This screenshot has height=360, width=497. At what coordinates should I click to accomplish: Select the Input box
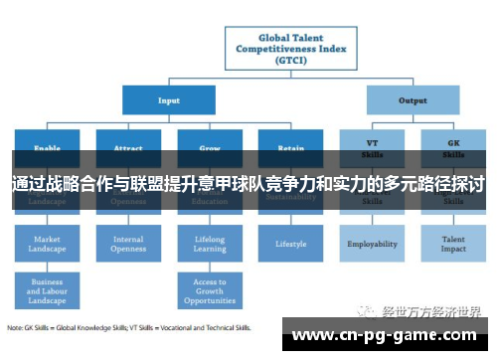coord(168,100)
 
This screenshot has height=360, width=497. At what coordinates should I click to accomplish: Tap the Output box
coord(413,100)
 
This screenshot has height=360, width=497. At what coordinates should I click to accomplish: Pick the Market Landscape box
coord(47,244)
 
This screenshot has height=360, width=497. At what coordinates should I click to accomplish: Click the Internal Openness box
coord(128,244)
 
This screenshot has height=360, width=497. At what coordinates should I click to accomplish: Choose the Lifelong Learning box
coord(210,244)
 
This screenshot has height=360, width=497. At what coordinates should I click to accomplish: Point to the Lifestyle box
coord(290,243)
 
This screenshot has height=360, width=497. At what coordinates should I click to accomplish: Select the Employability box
coord(372,243)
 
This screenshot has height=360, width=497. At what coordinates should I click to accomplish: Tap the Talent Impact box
coord(453,244)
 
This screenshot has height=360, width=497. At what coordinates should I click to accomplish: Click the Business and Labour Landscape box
coord(47,289)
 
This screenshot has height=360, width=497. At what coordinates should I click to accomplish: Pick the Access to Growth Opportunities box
coord(210,289)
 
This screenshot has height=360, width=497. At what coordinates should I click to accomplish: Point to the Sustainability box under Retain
coord(290,199)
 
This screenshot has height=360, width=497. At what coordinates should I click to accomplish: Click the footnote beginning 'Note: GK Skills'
coord(129,327)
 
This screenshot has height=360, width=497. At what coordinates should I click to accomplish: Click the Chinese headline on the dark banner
coord(248,185)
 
